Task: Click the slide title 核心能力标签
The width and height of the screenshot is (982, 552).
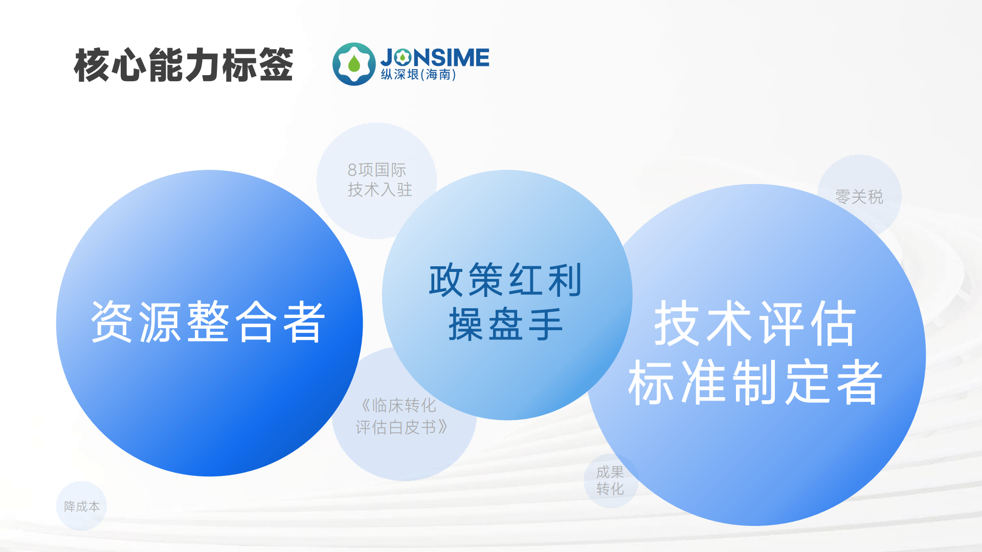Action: point(183,65)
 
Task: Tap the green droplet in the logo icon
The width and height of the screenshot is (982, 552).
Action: point(354,64)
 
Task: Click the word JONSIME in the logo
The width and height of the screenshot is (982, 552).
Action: point(435,57)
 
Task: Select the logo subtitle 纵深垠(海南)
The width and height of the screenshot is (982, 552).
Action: point(418,75)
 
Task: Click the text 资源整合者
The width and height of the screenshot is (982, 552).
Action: point(208,322)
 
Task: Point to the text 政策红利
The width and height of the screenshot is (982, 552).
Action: point(505,280)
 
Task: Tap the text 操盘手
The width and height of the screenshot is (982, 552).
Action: point(505,324)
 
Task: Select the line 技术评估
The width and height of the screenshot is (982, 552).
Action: point(755,323)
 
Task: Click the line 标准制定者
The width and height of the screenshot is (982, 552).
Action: point(755,382)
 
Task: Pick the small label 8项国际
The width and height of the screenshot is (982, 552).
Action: point(376,170)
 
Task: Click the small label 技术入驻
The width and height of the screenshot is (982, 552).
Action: point(380,190)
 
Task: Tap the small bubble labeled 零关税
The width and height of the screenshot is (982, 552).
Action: point(859,196)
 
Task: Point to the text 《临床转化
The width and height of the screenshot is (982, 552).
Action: point(398,405)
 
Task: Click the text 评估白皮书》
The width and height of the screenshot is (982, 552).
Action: point(402,427)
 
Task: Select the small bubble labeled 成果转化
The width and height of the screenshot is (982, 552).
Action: point(610,480)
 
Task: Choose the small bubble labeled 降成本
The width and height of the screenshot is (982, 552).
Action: point(82,506)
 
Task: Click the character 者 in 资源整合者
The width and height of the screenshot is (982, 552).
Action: point(304,322)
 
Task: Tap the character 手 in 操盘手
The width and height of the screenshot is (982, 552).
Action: point(545,324)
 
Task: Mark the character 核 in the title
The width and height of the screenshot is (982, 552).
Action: point(92,65)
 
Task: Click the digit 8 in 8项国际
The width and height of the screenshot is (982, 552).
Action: point(352,170)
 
